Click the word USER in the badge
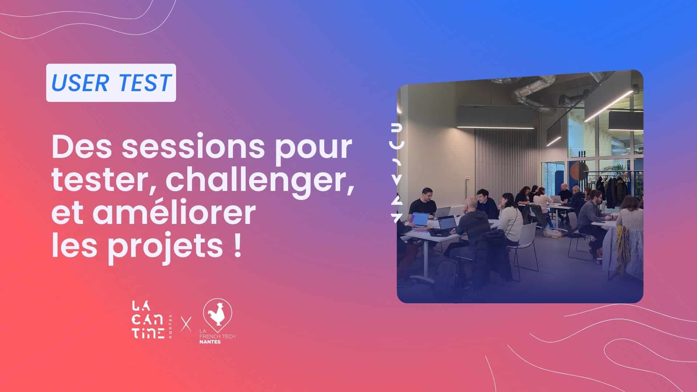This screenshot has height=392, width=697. click(80, 83)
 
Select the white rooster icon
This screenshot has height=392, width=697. click(216, 313)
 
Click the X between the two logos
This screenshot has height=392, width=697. click(186, 323)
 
